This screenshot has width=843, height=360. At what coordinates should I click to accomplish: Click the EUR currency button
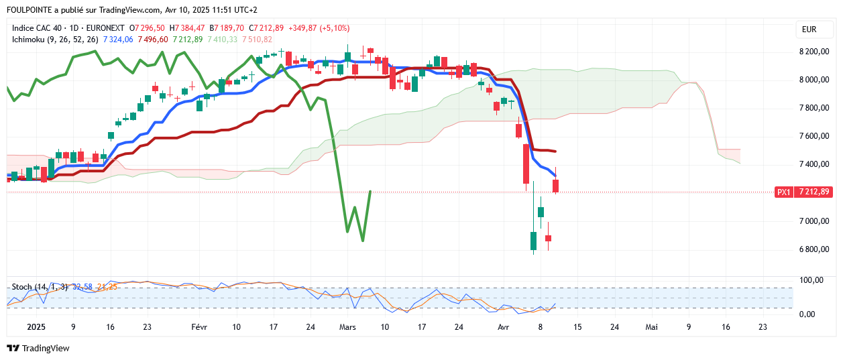tap(809, 29)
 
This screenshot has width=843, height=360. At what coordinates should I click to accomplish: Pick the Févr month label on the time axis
tap(199, 327)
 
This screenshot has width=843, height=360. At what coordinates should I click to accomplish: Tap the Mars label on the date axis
tap(347, 327)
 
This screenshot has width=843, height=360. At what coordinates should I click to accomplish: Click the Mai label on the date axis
tap(651, 327)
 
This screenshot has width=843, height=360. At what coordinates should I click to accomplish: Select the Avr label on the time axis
tap(504, 327)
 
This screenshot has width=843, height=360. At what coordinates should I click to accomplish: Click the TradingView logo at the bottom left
tap(38, 348)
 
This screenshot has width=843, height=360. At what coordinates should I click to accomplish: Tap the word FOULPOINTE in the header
tap(31, 10)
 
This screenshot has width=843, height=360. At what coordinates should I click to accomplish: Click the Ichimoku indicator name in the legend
tap(29, 40)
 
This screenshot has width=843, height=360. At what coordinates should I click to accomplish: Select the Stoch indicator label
tap(22, 287)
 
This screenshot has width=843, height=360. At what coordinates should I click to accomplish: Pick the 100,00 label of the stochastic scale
tap(811, 280)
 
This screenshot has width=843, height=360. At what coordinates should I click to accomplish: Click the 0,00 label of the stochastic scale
tap(811, 314)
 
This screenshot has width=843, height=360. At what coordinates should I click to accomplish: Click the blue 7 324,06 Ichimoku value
tap(118, 40)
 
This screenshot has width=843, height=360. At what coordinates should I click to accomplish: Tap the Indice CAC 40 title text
tap(40, 28)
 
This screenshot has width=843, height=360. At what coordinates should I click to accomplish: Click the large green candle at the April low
tap(534, 241)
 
